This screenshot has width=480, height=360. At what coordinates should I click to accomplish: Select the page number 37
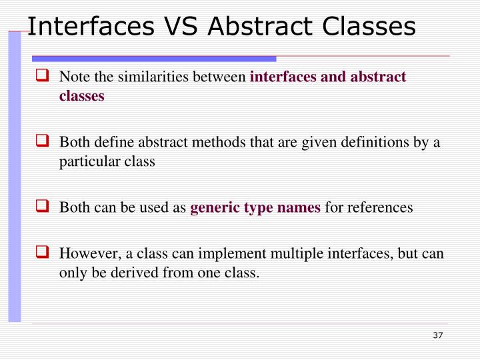pos(437,335)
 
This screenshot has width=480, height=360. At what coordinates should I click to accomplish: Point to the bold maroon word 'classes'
pos(81,95)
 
